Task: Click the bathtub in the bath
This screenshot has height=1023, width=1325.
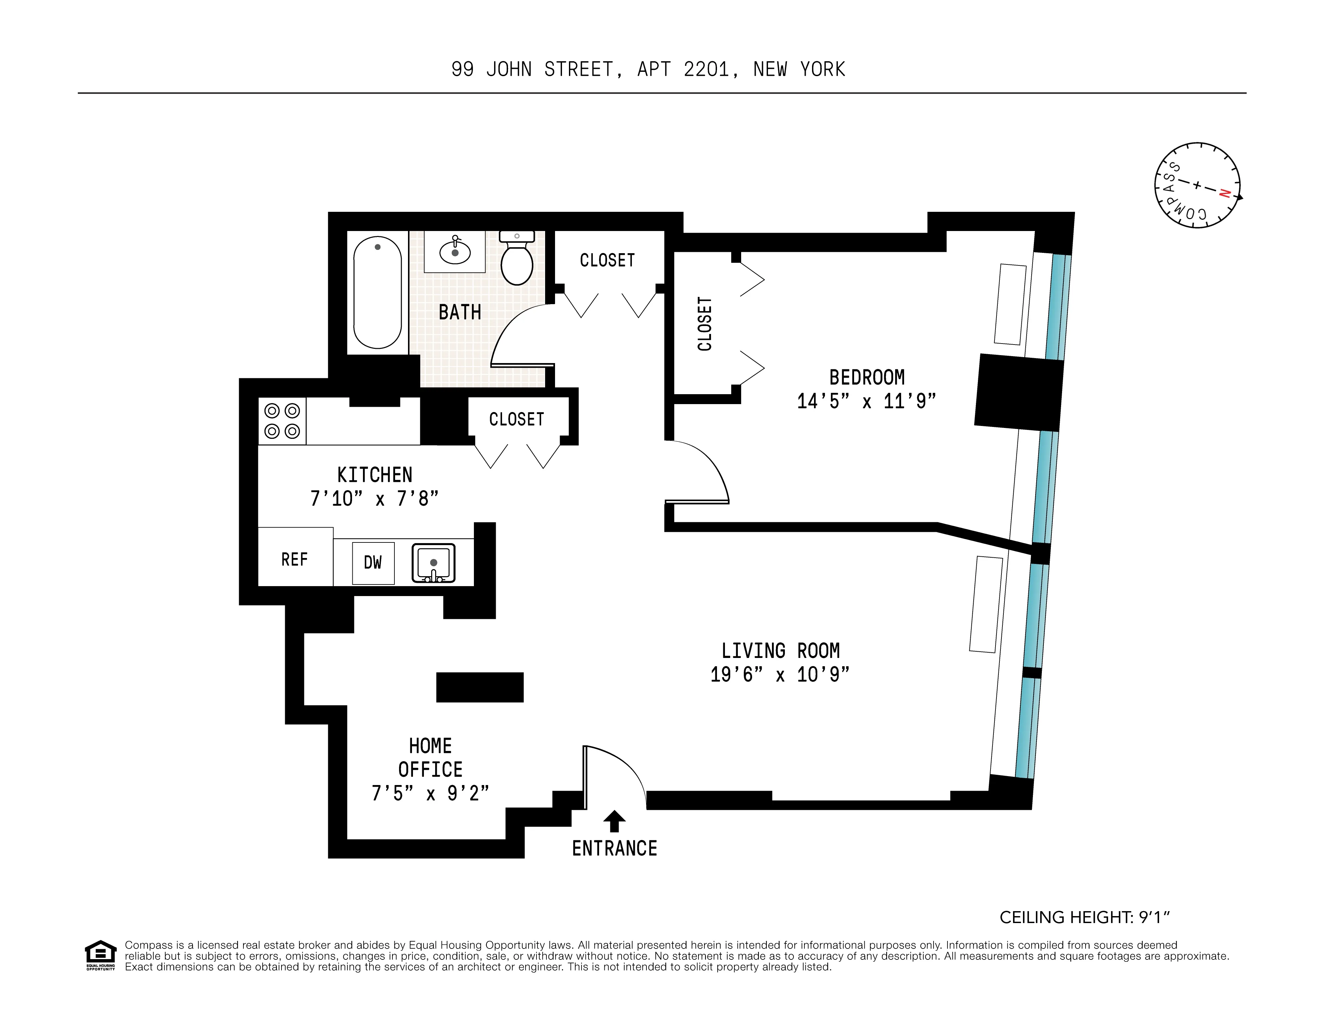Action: click(x=377, y=292)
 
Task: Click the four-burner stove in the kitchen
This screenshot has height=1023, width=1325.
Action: click(x=282, y=421)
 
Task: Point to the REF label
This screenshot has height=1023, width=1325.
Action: click(x=294, y=559)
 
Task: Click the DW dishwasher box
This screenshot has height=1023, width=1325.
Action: click(x=373, y=563)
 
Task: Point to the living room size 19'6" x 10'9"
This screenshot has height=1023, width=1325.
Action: click(x=780, y=674)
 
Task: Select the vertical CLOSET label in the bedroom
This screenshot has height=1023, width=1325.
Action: click(x=704, y=323)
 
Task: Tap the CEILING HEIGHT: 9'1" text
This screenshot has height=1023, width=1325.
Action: click(x=1084, y=917)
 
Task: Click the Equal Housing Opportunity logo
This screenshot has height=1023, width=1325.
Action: click(x=100, y=955)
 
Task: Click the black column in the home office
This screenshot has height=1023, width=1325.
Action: click(x=479, y=687)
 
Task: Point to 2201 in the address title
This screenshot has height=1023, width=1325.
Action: click(x=706, y=70)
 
